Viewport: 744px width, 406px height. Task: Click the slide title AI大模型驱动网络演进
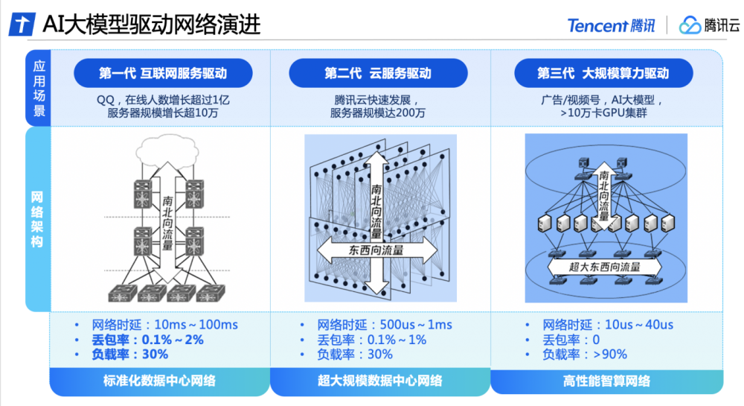pos(151,24)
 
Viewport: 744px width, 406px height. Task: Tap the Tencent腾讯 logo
pos(611,25)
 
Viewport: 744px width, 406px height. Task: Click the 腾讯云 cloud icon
pos(690,25)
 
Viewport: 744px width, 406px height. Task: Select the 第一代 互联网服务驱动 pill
pos(163,73)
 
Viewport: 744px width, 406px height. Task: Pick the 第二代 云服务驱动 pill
pos(378,73)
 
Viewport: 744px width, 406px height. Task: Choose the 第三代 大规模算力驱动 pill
pos(603,73)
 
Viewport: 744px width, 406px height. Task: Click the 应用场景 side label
pos(39,89)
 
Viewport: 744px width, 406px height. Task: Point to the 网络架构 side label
pos(37,219)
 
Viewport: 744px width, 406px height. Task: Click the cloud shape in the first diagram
pos(167,149)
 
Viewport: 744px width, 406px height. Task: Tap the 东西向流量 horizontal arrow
pos(376,250)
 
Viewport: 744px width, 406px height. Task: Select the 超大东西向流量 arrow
pos(604,267)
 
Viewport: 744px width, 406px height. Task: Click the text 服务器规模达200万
pos(378,113)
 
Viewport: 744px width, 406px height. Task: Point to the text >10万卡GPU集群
pos(603,113)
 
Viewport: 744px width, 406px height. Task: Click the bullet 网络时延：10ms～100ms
pos(164,325)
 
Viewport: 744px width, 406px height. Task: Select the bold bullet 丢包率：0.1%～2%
pos(147,340)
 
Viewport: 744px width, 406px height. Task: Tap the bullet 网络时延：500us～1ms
pos(385,325)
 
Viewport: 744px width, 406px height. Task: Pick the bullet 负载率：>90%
pos(585,355)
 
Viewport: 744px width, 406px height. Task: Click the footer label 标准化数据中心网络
pos(159,381)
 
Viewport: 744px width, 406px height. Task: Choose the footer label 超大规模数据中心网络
pos(380,381)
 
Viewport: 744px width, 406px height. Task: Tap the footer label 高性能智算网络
pos(606,381)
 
